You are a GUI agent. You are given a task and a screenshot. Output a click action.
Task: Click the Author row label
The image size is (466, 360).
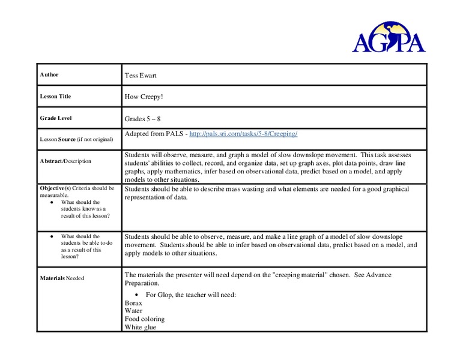(49, 74)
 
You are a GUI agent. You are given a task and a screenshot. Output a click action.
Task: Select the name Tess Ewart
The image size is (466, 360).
(141, 75)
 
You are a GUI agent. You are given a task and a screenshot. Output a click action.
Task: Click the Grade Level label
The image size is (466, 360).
(56, 118)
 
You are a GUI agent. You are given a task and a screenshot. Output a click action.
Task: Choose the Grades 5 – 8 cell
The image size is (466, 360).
(143, 119)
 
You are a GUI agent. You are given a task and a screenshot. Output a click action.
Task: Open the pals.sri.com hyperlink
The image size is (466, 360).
(243, 133)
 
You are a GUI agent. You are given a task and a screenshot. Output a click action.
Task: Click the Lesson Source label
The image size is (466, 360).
(76, 139)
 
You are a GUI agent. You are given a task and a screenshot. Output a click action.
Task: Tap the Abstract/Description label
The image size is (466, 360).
(65, 161)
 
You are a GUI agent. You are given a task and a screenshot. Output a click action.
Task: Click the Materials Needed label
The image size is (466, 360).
(62, 278)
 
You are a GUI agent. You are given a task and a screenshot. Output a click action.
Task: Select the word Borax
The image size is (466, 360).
(135, 303)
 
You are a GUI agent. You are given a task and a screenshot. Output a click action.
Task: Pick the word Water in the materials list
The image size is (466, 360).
(134, 311)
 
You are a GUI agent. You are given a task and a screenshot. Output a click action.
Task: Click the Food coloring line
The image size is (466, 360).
(145, 319)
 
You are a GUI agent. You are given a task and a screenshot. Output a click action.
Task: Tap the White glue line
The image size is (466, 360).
(141, 327)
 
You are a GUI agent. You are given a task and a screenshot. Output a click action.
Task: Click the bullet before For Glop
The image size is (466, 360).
(138, 295)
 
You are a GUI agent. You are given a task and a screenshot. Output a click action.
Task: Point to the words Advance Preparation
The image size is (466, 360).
(368, 275)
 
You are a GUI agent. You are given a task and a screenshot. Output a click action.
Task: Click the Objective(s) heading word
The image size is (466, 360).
(55, 188)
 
